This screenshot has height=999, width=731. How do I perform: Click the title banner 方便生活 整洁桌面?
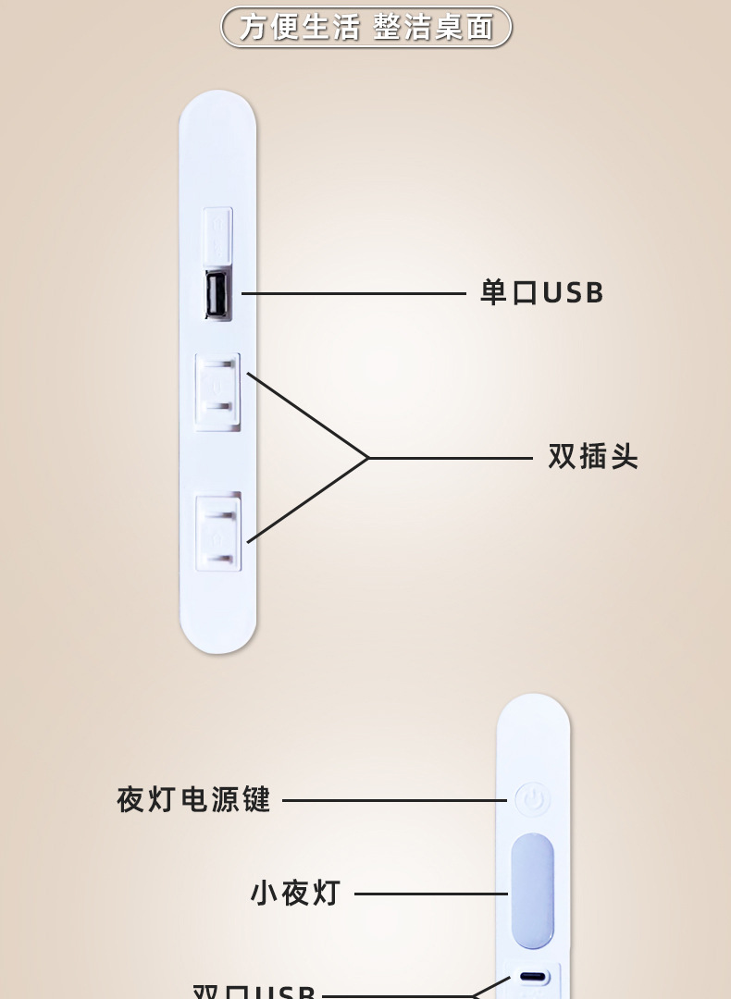click(365, 27)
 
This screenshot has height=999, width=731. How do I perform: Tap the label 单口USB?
click(541, 293)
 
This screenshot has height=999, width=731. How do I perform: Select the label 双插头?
click(593, 457)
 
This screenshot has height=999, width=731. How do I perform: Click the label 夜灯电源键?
click(194, 799)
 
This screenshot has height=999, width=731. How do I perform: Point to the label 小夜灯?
click(296, 894)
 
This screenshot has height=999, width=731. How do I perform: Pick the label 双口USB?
click(254, 991)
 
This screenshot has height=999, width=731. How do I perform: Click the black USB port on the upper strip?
click(218, 295)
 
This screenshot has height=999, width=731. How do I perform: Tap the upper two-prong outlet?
click(217, 391)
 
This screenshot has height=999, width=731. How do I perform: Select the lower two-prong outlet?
click(218, 531)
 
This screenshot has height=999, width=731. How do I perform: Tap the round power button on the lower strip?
click(532, 800)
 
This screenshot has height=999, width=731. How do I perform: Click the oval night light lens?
click(532, 891)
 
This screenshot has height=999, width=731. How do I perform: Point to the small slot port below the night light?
click(533, 977)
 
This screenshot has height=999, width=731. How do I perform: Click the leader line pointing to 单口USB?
click(352, 293)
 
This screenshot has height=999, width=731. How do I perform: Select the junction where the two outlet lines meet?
click(368, 457)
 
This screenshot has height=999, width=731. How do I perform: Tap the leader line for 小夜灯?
click(430, 894)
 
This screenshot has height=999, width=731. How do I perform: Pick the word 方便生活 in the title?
click(299, 27)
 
